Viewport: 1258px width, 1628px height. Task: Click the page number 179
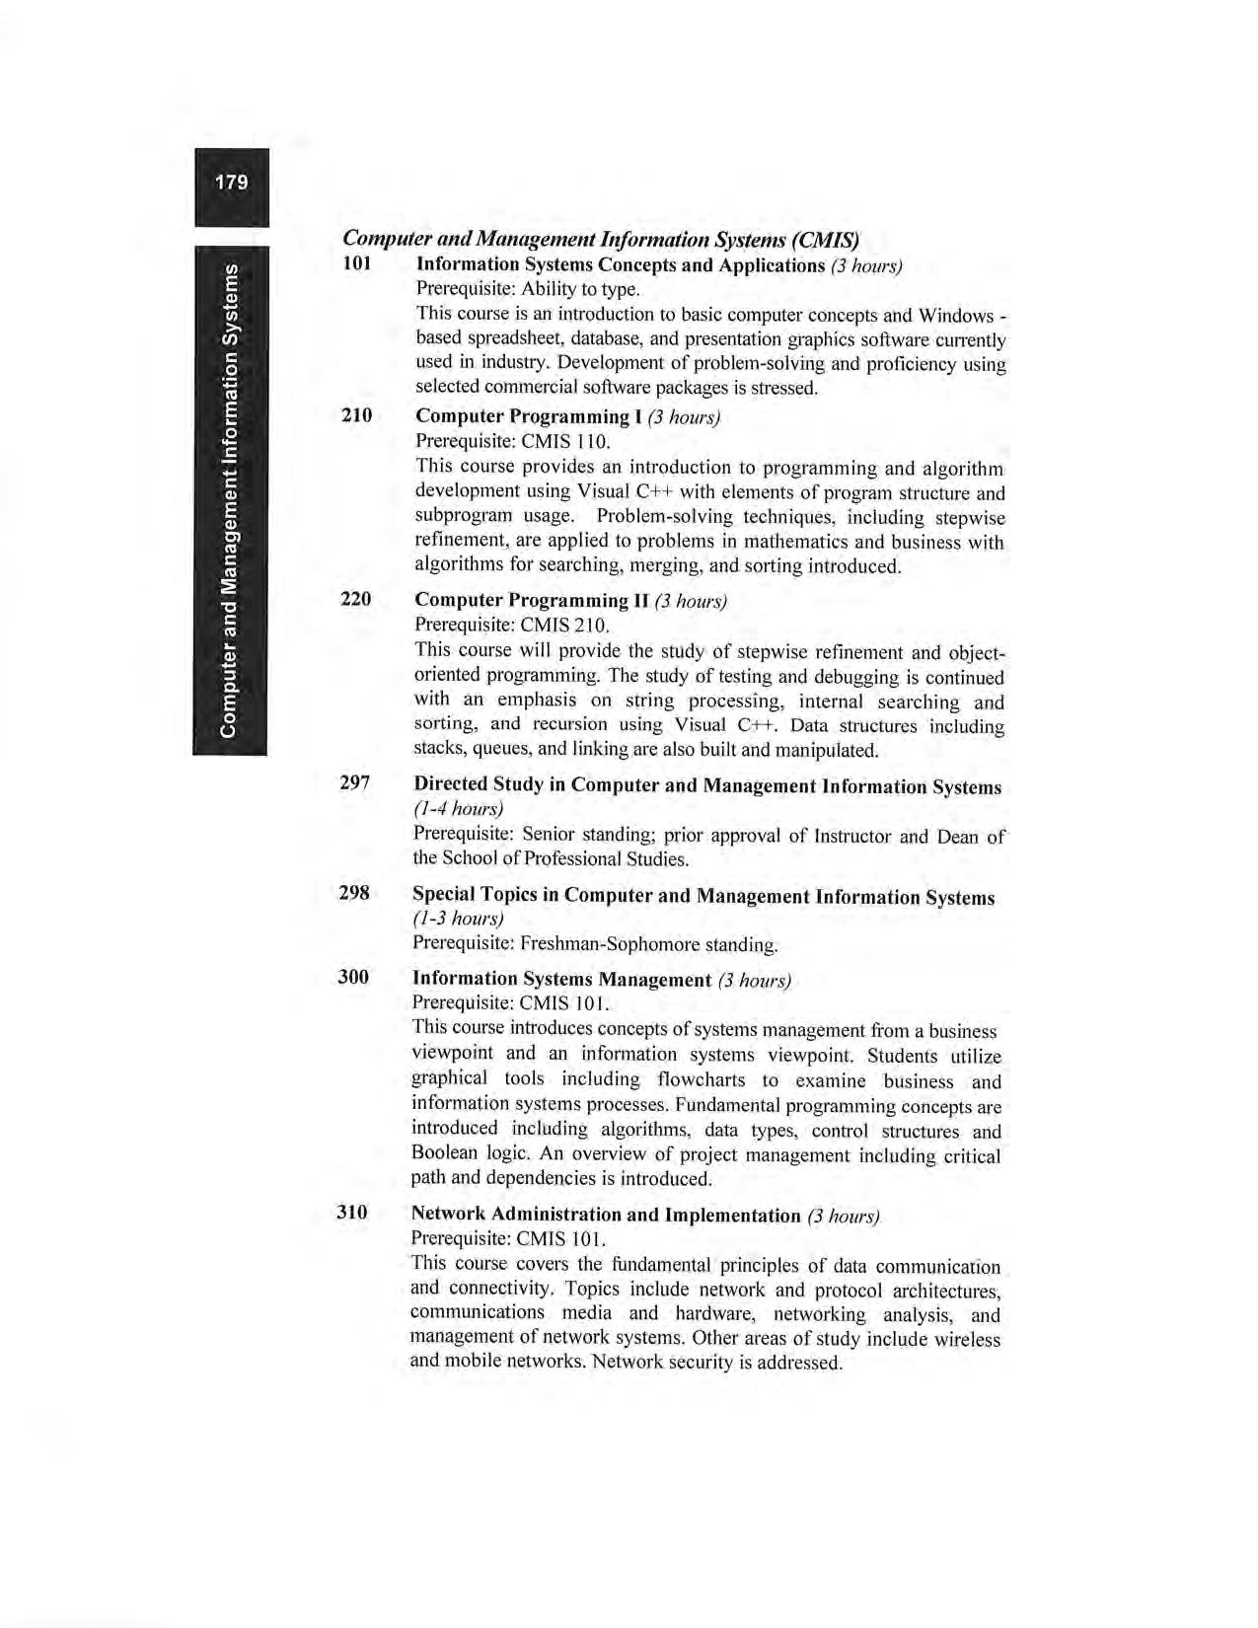(x=231, y=183)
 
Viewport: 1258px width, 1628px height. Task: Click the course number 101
(x=357, y=263)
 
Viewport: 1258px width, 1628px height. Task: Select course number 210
(x=356, y=415)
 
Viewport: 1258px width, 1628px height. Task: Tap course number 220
(x=355, y=599)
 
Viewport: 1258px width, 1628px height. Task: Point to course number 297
(x=354, y=783)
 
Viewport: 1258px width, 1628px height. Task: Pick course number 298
(x=353, y=894)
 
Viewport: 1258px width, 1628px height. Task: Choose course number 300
(x=353, y=977)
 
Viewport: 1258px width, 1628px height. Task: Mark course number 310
(x=352, y=1213)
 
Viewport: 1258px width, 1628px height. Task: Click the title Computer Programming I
(x=528, y=416)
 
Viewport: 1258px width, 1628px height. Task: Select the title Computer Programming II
(x=531, y=600)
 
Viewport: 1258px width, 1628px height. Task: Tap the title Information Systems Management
(x=561, y=979)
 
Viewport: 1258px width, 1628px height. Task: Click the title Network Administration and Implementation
(x=605, y=1215)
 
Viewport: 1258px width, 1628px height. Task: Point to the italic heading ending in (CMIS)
(x=601, y=240)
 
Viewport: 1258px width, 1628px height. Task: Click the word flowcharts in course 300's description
(x=701, y=1080)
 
